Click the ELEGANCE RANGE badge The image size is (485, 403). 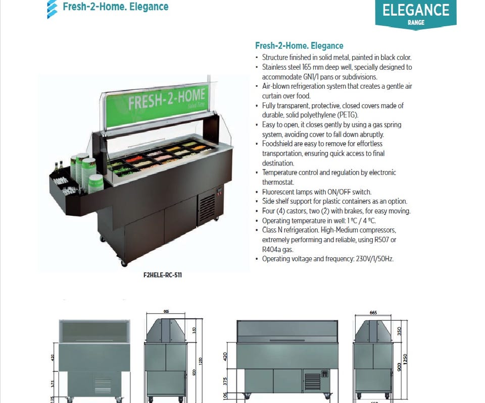point(416,14)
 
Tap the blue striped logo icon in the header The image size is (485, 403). point(52,9)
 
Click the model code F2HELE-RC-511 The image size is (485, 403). point(163,275)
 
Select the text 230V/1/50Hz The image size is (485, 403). point(374,259)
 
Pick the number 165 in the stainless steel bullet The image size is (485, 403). point(307,67)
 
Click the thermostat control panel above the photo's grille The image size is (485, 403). point(219,192)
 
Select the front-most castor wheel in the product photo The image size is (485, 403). point(124,263)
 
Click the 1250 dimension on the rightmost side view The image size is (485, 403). point(405,359)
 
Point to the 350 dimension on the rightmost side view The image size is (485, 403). point(399,331)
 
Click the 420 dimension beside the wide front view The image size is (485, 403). point(225,356)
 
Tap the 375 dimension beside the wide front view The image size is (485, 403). point(225,381)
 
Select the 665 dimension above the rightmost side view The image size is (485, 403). point(373,313)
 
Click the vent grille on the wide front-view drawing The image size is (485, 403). point(313,382)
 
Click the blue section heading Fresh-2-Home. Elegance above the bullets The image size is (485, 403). point(299,46)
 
